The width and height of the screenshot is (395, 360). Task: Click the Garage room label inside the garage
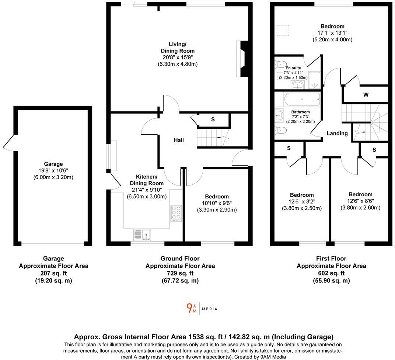[x=53, y=164]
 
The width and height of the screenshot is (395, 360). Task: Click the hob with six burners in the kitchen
[x=176, y=213]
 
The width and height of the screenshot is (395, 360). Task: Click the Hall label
[x=179, y=140]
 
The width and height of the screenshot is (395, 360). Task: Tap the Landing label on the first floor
[x=337, y=133]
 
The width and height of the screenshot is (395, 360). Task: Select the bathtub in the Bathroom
[x=302, y=99]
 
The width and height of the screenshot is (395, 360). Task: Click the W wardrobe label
[x=366, y=95]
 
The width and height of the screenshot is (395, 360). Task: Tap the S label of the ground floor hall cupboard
[x=213, y=120]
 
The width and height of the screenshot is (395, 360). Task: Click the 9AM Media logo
[x=202, y=308]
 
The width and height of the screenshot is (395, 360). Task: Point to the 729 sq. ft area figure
[x=180, y=273]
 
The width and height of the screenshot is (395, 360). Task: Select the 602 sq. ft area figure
[x=331, y=273]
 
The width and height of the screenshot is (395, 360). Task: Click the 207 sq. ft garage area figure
[x=53, y=273]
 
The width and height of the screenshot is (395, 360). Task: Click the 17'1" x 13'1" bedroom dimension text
[x=332, y=33]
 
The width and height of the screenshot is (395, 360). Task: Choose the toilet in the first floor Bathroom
[x=281, y=129]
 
